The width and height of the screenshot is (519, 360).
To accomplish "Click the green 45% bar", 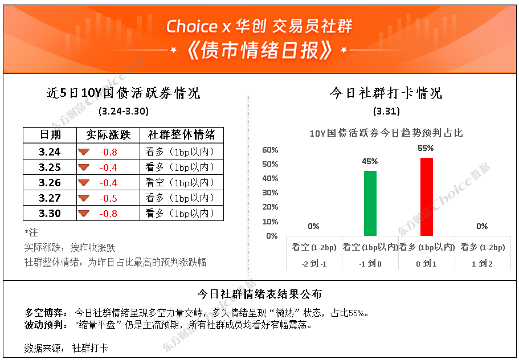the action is point(370,203).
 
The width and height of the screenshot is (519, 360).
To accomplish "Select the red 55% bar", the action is point(426,197).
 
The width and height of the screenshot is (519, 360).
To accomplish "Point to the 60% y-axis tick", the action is point(270,150).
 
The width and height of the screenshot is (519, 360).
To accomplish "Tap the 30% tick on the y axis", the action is point(270,193).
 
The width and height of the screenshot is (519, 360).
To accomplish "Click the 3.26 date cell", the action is point(50,183).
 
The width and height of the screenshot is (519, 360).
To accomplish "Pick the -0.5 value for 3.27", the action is point(109,198).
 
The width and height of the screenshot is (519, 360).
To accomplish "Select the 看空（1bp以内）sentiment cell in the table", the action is point(181,183).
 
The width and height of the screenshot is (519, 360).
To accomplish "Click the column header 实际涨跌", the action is point(108,134).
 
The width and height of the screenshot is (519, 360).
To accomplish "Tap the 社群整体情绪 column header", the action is point(181,134).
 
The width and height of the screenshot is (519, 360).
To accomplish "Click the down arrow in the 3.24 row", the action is point(84,152).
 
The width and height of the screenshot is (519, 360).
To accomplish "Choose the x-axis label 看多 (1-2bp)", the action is point(483,247).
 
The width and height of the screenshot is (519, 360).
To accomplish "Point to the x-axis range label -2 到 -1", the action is point(314,264).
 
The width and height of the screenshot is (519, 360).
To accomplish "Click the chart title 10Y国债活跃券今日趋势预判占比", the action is point(386,133).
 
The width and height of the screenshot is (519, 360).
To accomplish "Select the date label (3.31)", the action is point(386,111).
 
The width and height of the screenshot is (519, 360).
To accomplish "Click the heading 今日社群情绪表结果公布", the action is point(260,294).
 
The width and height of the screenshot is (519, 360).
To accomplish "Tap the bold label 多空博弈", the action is point(46,313).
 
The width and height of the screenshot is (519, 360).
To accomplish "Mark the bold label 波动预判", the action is point(46,325).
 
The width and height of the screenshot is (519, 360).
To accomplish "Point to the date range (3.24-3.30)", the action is point(124,111).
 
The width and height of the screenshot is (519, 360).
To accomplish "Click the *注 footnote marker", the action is point(31,232).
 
